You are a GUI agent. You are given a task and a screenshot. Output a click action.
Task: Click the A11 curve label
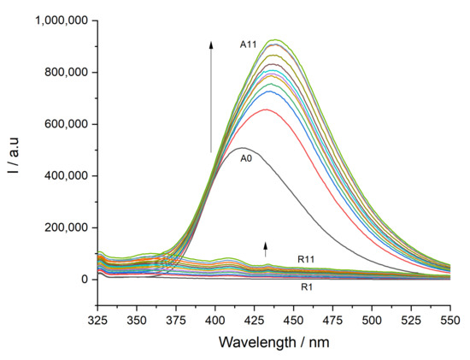click(248, 44)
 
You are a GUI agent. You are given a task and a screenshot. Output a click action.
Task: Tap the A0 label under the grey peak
click(246, 158)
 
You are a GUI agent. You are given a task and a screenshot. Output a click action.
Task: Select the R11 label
click(306, 259)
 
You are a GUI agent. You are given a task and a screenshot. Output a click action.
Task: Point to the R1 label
click(307, 287)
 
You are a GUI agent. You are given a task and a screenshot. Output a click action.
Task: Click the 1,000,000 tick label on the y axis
click(62, 21)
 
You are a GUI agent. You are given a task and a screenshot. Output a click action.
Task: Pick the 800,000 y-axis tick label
click(67, 73)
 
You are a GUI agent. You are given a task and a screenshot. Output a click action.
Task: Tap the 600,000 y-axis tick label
click(67, 124)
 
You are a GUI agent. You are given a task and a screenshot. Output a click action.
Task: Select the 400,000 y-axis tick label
click(67, 176)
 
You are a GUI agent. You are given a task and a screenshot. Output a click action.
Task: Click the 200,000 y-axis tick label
click(67, 227)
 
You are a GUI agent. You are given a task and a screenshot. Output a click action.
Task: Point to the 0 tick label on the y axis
click(85, 280)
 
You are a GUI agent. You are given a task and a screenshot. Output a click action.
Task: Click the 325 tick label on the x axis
click(97, 321)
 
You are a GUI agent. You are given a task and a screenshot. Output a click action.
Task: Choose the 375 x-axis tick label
click(176, 321)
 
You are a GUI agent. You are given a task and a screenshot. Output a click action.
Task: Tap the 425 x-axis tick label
click(254, 321)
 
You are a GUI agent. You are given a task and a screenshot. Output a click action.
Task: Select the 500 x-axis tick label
click(372, 321)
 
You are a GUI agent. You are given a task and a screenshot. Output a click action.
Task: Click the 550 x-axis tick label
click(450, 321)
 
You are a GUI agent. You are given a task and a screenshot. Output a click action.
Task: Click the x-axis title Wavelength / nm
click(274, 342)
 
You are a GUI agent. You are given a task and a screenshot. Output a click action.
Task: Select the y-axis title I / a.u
click(13, 156)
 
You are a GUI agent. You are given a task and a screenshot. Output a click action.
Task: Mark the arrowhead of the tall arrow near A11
click(211, 44)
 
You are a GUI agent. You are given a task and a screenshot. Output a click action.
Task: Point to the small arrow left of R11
click(265, 250)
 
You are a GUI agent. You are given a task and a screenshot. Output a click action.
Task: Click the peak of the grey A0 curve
click(243, 148)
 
